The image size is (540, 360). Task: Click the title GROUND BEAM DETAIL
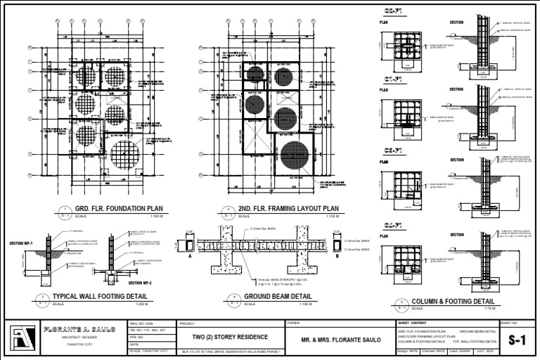(278, 297)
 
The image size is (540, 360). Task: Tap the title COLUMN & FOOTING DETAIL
(454, 301)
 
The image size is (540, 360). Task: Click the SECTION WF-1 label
(20, 243)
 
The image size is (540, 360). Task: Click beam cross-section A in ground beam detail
(190, 246)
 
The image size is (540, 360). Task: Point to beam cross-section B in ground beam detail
(337, 246)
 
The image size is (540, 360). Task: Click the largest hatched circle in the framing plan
(294, 160)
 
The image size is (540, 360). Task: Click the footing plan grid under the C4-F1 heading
(407, 257)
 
